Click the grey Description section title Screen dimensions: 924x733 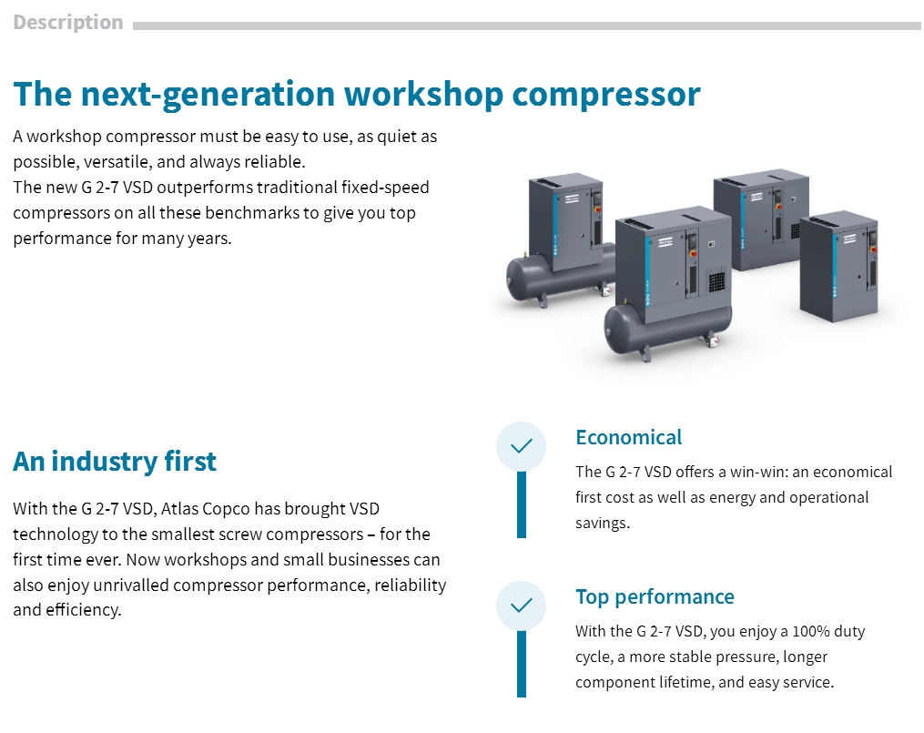[67, 23]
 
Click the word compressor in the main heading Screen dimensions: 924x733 [606, 95]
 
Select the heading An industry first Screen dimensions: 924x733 [115, 461]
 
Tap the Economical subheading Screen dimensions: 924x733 [628, 437]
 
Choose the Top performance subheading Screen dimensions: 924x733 [655, 597]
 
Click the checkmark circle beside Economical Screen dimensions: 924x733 [522, 447]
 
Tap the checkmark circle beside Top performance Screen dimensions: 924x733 [522, 606]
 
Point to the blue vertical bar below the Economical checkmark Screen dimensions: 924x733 [522, 505]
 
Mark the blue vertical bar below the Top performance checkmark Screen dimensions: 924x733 [522, 664]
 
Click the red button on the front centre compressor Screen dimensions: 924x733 [693, 254]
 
